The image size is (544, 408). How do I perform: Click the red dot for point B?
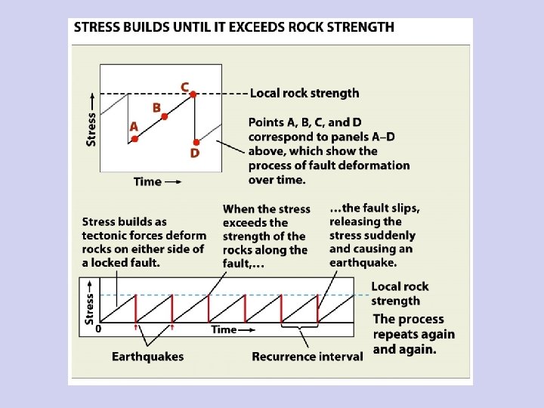(x=165, y=116)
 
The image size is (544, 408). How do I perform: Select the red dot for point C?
(x=193, y=94)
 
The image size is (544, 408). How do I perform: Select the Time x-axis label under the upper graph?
(x=147, y=181)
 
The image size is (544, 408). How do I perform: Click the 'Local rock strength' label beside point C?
(x=304, y=94)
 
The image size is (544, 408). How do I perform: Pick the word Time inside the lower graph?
(x=224, y=329)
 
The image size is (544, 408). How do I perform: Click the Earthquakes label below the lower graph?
(x=148, y=356)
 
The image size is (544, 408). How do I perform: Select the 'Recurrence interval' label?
(x=308, y=356)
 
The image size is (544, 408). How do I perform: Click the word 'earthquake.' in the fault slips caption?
(x=363, y=262)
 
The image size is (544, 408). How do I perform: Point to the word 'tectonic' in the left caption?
(x=106, y=236)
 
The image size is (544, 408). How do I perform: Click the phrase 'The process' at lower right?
(x=409, y=320)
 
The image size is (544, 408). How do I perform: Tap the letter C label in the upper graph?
(x=185, y=86)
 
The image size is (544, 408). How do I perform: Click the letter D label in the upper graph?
(x=195, y=154)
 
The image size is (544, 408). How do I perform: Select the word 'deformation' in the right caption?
(x=376, y=165)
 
